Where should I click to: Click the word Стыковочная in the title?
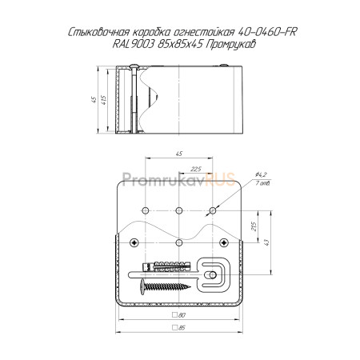[x=98, y=32]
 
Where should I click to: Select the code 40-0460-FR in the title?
[x=266, y=32]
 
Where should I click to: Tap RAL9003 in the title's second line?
[x=134, y=44]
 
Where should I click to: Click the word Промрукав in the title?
[x=231, y=44]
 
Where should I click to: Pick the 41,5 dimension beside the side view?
[x=104, y=100]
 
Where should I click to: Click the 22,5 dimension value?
[x=196, y=169]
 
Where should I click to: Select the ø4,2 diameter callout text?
[x=261, y=174]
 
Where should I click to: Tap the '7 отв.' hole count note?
[x=262, y=183]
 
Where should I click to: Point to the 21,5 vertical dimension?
[x=254, y=226]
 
